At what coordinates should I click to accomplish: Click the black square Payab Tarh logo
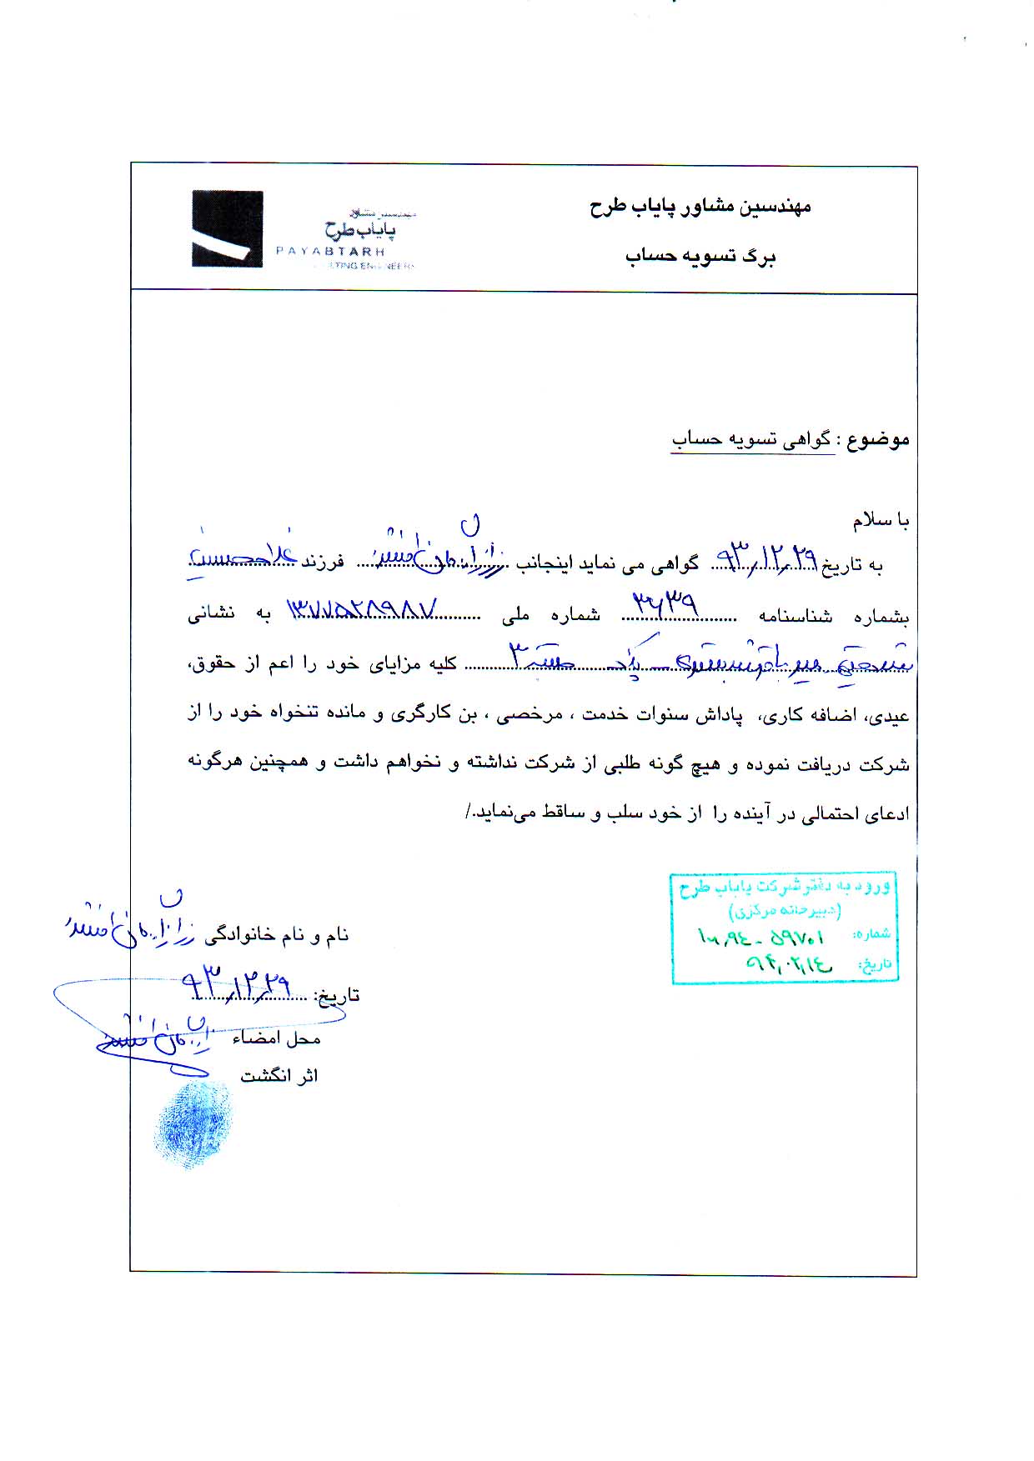pyautogui.click(x=227, y=228)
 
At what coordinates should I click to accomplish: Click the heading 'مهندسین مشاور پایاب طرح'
pyautogui.click(x=700, y=207)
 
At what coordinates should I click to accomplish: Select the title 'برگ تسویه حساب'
pyautogui.click(x=700, y=257)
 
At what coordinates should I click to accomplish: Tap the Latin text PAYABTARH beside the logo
pyautogui.click(x=330, y=251)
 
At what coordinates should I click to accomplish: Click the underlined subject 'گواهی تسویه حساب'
pyautogui.click(x=752, y=440)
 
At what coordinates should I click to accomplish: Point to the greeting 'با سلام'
pyautogui.click(x=881, y=521)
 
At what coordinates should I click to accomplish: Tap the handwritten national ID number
pyautogui.click(x=362, y=610)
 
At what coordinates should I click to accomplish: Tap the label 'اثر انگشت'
pyautogui.click(x=279, y=1076)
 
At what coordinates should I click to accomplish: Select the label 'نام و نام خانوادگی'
pyautogui.click(x=277, y=935)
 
